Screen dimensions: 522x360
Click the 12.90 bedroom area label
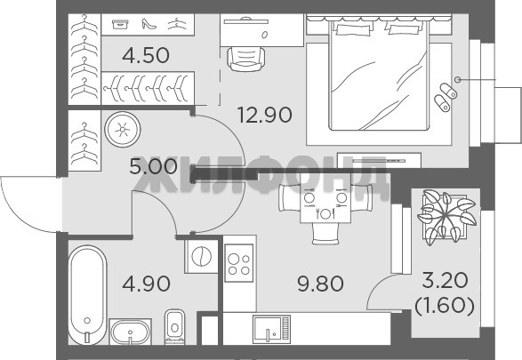(x=265, y=115)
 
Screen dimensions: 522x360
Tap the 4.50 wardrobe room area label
(x=146, y=55)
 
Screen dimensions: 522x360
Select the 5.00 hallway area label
(x=153, y=167)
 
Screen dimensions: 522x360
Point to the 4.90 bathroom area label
(x=146, y=284)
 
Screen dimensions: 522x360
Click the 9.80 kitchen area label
(x=320, y=284)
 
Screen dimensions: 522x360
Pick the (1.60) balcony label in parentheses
(x=445, y=306)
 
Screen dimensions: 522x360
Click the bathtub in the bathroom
(x=87, y=295)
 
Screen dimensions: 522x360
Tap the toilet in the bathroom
(x=175, y=327)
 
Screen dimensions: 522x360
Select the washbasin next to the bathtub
(x=130, y=332)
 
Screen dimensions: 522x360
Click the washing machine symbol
(x=201, y=257)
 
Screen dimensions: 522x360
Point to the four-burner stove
(x=239, y=263)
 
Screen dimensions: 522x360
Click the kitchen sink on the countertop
(x=271, y=329)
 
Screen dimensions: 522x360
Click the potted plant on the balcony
(x=446, y=217)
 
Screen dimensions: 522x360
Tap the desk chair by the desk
(x=246, y=60)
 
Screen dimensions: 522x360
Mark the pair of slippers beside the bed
(x=446, y=97)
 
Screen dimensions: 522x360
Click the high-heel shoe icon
(x=149, y=24)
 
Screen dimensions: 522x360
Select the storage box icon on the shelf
(x=120, y=24)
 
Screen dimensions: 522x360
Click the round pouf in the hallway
(x=123, y=130)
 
